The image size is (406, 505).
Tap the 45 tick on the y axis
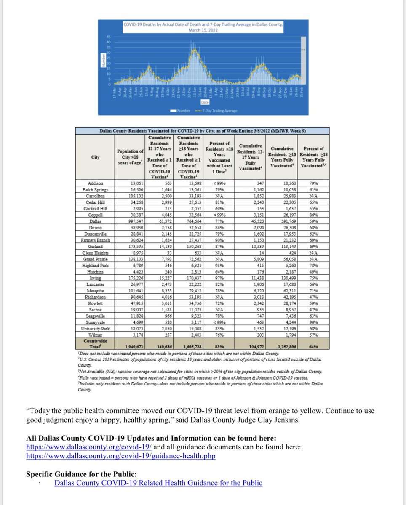108,37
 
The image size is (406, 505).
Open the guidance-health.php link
120,456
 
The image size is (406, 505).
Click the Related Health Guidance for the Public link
158,483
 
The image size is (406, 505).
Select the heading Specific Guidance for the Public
81,473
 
